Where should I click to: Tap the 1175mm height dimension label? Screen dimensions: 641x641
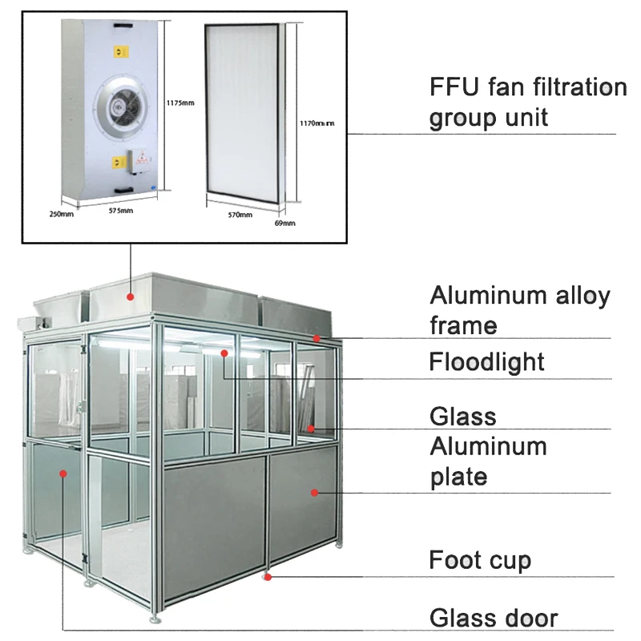[x=180, y=102]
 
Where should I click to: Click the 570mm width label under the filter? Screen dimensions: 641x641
[x=240, y=215]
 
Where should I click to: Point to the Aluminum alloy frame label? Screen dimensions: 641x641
[x=519, y=310]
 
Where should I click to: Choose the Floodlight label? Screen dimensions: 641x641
[x=486, y=361]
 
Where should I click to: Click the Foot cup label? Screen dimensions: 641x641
[x=480, y=559]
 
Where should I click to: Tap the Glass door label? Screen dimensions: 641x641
[x=493, y=618]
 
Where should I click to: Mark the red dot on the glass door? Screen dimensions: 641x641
[x=62, y=474]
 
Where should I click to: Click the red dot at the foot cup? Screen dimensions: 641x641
[x=268, y=575]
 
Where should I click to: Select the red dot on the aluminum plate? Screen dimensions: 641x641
[x=314, y=491]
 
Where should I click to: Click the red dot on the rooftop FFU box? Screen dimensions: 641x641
[x=129, y=296]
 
